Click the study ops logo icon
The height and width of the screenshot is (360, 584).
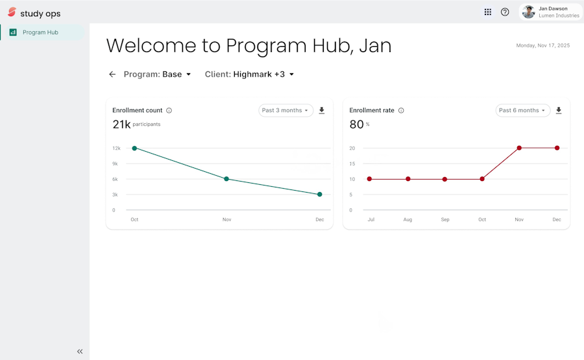tap(12, 12)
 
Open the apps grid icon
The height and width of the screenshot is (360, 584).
tap(487, 12)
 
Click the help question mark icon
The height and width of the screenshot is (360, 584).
tap(505, 12)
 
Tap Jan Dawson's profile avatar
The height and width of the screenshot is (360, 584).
tap(528, 12)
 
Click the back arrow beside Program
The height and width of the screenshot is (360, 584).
tap(112, 75)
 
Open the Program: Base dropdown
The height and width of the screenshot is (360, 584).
tap(157, 75)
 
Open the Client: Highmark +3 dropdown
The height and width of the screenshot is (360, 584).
tap(249, 75)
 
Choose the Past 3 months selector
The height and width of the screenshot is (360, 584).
tap(286, 110)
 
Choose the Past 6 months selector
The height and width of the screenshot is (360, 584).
tap(522, 110)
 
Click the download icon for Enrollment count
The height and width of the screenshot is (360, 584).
tap(322, 110)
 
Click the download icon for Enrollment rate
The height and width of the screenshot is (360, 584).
tap(559, 110)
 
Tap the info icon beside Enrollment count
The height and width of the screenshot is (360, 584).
tap(169, 110)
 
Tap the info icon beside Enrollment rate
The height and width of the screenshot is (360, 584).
tap(401, 110)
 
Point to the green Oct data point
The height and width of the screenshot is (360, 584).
tap(134, 148)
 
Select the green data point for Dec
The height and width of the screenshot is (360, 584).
tap(319, 195)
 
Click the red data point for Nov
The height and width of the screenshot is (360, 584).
tap(519, 148)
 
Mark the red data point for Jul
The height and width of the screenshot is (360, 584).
tap(369, 179)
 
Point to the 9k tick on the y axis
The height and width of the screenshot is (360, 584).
tap(115, 164)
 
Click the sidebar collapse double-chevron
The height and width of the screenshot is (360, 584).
tap(80, 352)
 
